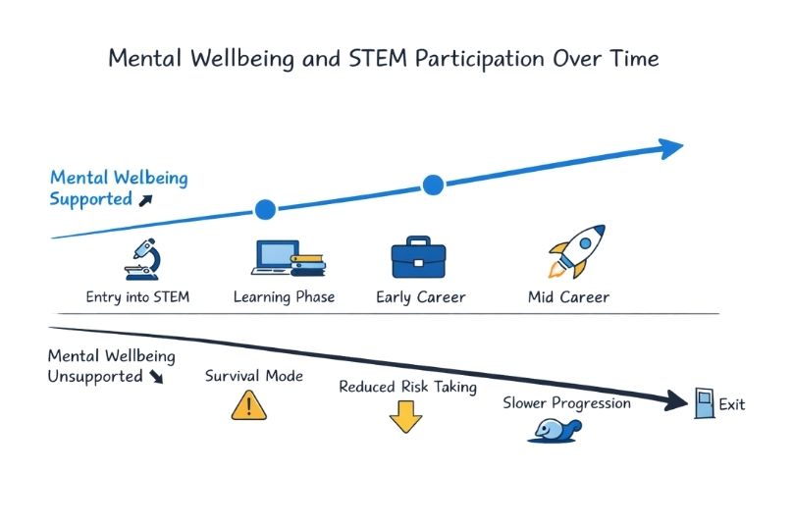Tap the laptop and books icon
pyautogui.click(x=286, y=259)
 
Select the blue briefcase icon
pyautogui.click(x=418, y=259)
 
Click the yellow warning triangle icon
pyautogui.click(x=248, y=404)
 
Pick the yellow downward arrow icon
pyautogui.click(x=405, y=418)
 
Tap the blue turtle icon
pyautogui.click(x=556, y=429)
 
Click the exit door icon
pyautogui.click(x=704, y=402)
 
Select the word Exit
pyautogui.click(x=732, y=403)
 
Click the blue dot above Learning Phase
pyautogui.click(x=265, y=208)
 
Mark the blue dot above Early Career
pyautogui.click(x=433, y=184)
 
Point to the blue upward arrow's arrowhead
pyautogui.click(x=671, y=148)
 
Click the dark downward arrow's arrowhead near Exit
pyautogui.click(x=675, y=400)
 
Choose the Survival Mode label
pyautogui.click(x=254, y=376)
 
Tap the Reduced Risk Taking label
pyautogui.click(x=407, y=387)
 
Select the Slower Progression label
pyautogui.click(x=566, y=402)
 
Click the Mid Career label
pyautogui.click(x=568, y=296)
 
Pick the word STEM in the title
pyautogui.click(x=372, y=58)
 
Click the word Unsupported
pyautogui.click(x=95, y=376)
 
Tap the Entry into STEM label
pyautogui.click(x=137, y=296)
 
